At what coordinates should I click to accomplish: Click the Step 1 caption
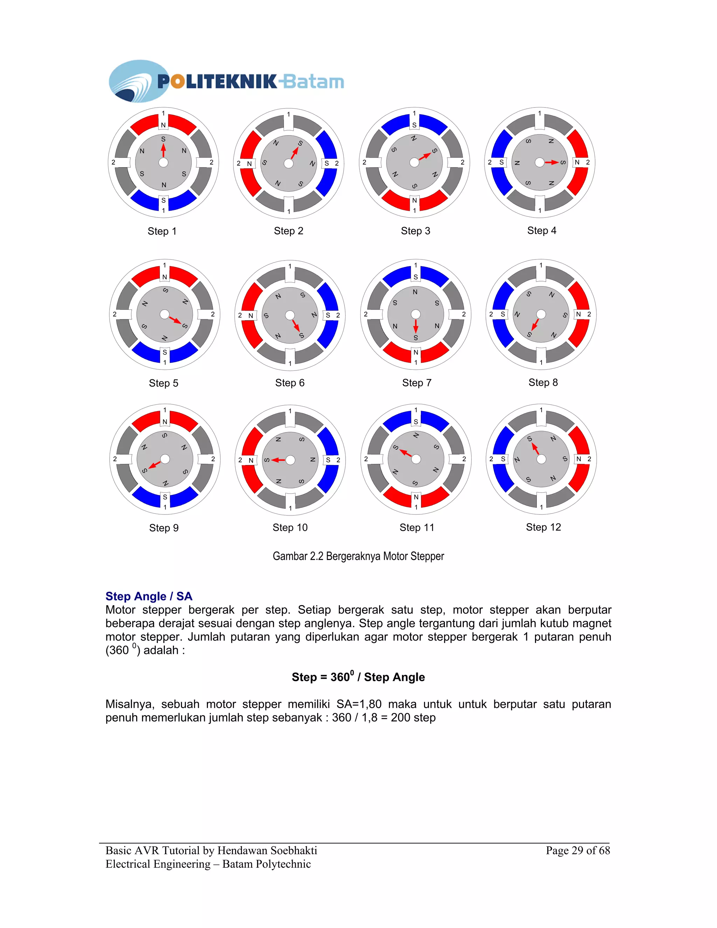click(162, 231)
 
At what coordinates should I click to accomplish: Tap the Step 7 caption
click(417, 383)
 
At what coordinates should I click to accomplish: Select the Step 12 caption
click(543, 527)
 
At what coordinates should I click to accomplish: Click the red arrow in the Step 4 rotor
click(552, 162)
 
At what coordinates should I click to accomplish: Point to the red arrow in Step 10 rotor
click(279, 460)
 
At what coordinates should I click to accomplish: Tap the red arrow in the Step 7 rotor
click(416, 326)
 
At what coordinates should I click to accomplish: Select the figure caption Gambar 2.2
click(358, 556)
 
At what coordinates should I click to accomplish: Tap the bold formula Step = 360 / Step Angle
click(358, 677)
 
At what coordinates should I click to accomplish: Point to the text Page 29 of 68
click(578, 850)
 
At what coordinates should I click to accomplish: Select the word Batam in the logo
click(313, 82)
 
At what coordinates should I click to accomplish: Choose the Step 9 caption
click(163, 528)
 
